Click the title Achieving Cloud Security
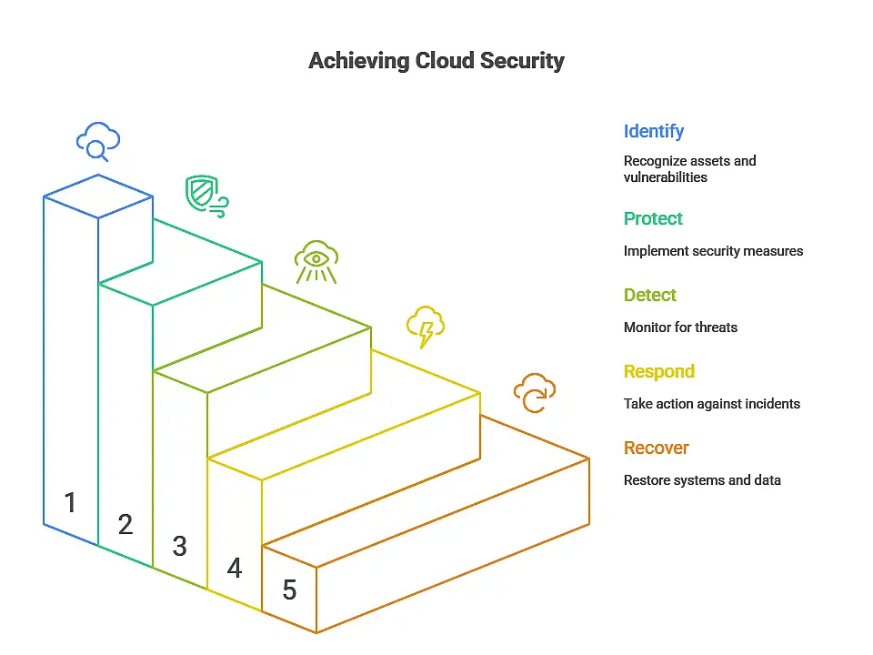tap(436, 61)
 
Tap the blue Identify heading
tap(653, 131)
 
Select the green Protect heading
tap(653, 218)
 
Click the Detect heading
tap(650, 295)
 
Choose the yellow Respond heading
tap(659, 371)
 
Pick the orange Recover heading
tap(657, 448)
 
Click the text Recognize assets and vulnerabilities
tap(689, 169)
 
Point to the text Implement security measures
tap(713, 250)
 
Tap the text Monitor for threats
tap(680, 327)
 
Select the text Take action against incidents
tap(712, 403)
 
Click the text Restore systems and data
tap(702, 479)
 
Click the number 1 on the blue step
tap(71, 502)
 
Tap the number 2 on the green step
tap(125, 524)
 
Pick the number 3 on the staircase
tap(180, 546)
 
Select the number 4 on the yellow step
tap(235, 568)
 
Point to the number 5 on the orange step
tap(289, 589)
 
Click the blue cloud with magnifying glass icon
tap(98, 142)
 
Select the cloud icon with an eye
tap(316, 262)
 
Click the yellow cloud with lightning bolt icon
tap(425, 327)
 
